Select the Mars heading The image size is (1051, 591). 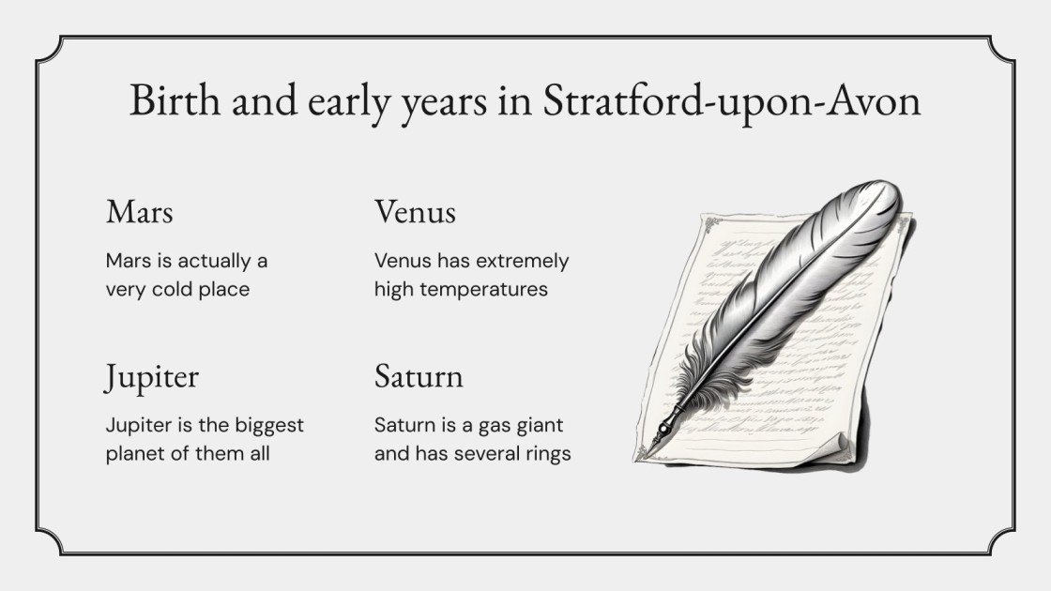139,212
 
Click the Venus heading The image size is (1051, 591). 415,212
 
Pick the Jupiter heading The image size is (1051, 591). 151,377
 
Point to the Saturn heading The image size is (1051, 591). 419,377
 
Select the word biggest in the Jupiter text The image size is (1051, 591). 270,425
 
